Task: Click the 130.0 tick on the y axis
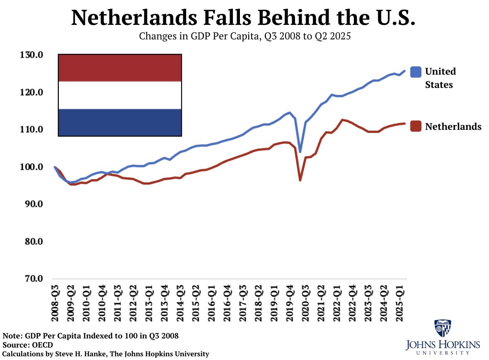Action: coord(33,55)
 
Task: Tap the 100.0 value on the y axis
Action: coord(33,167)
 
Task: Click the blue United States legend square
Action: coord(416,72)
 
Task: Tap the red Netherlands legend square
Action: coord(416,126)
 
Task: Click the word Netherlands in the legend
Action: coord(453,126)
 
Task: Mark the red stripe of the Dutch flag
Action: coord(120,68)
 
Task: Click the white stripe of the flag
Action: coord(120,95)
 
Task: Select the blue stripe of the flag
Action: coord(120,122)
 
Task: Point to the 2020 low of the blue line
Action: coord(300,151)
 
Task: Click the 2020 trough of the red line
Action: coord(300,180)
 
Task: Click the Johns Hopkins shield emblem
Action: coord(443,328)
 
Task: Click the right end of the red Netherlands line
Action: coord(404,124)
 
